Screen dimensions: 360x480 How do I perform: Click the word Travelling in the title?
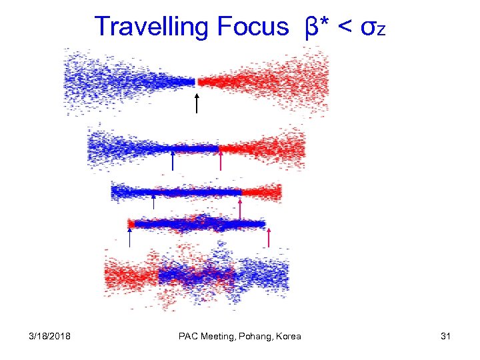pos(151,27)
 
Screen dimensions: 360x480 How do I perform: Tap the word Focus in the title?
pos(253,27)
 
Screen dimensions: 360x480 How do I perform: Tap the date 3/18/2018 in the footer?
pos(51,336)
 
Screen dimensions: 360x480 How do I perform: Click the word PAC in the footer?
pos(189,336)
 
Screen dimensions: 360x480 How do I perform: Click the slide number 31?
pos(446,336)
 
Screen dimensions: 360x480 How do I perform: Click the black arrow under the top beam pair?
pos(197,103)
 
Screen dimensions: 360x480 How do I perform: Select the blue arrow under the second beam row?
pos(172,161)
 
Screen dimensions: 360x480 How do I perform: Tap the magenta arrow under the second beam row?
pos(220,161)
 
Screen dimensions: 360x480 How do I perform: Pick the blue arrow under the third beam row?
pos(154,202)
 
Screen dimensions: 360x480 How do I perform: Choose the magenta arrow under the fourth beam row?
pos(269,237)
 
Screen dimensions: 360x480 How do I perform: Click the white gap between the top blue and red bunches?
pos(197,82)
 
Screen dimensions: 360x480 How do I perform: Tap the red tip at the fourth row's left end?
pos(131,224)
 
